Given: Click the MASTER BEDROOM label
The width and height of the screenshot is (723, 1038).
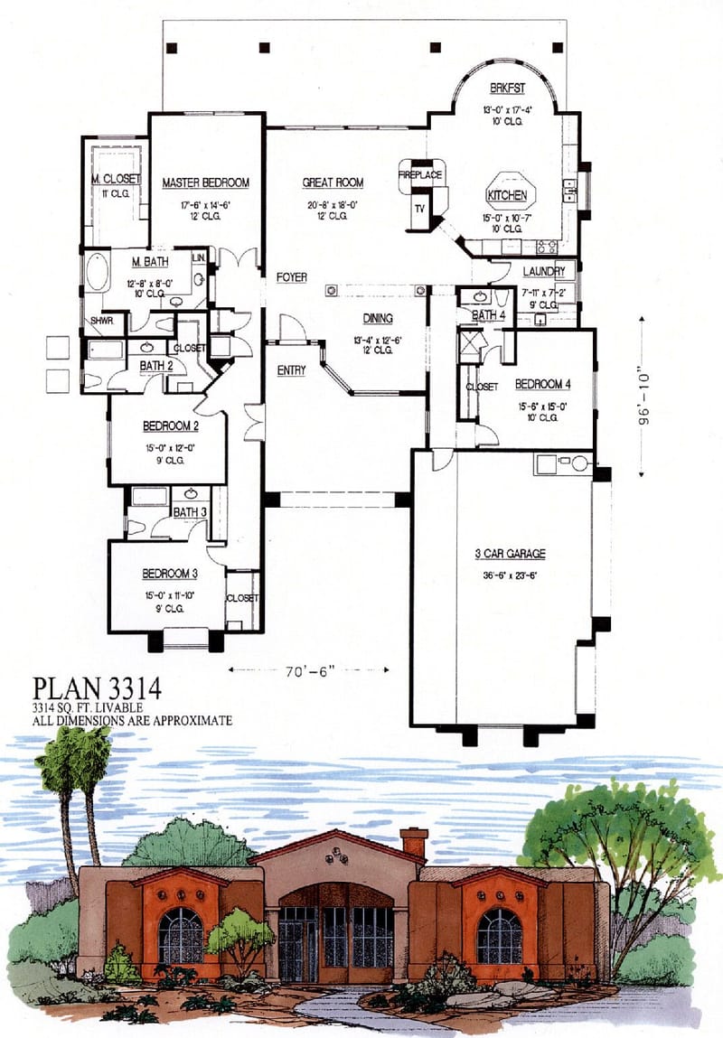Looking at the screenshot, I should [205, 182].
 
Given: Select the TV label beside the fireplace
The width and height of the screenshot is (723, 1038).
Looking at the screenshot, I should [419, 209].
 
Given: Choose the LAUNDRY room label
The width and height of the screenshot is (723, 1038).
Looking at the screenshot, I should [544, 271].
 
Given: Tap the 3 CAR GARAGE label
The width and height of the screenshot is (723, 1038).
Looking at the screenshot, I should [511, 554].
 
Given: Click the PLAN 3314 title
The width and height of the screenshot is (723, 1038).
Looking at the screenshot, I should [98, 688].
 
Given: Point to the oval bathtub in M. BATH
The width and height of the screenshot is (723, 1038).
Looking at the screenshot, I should [95, 271].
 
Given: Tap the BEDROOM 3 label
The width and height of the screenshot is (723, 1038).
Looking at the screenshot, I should [169, 573].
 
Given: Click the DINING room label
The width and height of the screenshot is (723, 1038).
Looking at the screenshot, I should [378, 318].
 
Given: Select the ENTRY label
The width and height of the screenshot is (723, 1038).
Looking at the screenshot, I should [291, 370].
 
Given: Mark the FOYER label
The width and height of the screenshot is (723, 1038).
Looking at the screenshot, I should [291, 276].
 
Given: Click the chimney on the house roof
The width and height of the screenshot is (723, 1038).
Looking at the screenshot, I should [414, 843].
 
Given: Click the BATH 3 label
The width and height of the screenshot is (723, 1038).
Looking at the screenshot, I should [189, 512].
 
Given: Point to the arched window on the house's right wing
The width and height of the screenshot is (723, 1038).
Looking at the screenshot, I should [499, 936].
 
